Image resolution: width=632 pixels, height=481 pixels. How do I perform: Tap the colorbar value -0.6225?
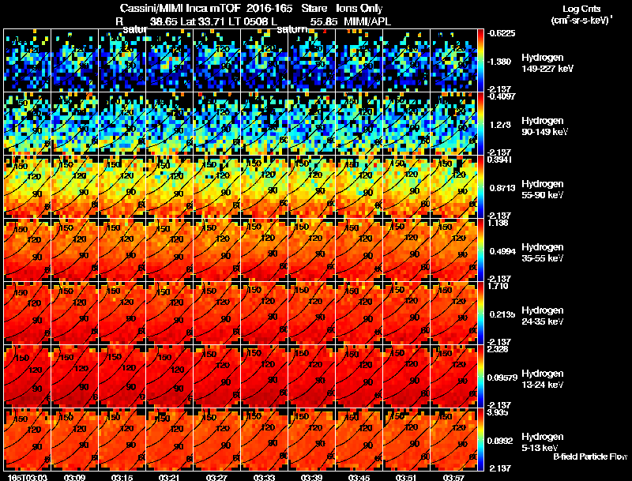click(502, 33)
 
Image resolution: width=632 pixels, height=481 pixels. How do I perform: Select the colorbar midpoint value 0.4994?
click(502, 251)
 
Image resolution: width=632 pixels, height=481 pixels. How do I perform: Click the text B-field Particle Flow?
click(589, 457)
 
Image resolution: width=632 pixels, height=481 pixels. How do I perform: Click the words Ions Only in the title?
click(360, 9)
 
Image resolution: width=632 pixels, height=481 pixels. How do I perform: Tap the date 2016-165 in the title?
click(257, 9)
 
